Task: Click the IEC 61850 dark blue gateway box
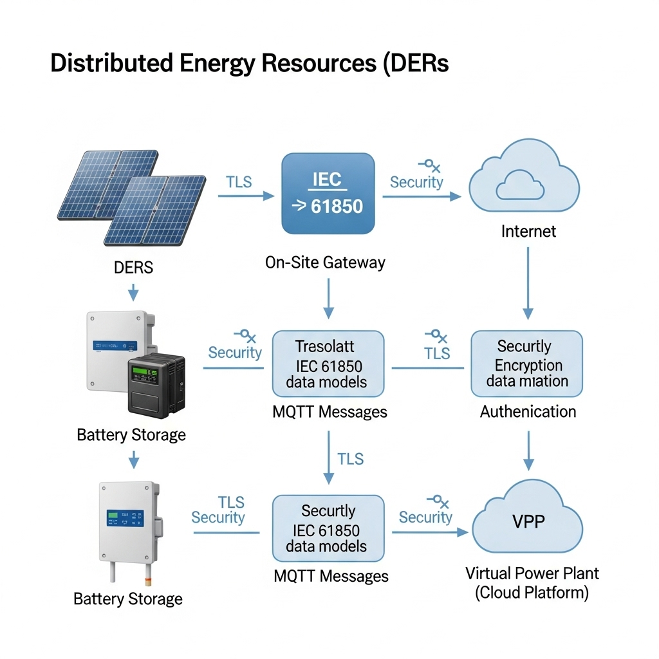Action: pyautogui.click(x=328, y=193)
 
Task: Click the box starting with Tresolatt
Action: pyautogui.click(x=328, y=364)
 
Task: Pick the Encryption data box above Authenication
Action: pyautogui.click(x=527, y=364)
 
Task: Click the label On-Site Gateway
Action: pyautogui.click(x=325, y=262)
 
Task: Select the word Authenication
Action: pyautogui.click(x=528, y=411)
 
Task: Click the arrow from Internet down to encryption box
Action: pyautogui.click(x=528, y=283)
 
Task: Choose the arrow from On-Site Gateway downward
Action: pyautogui.click(x=328, y=298)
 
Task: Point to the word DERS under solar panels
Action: pyautogui.click(x=134, y=268)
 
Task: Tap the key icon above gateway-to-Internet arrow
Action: pyautogui.click(x=429, y=166)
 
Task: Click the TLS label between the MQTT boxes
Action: pyautogui.click(x=351, y=459)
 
